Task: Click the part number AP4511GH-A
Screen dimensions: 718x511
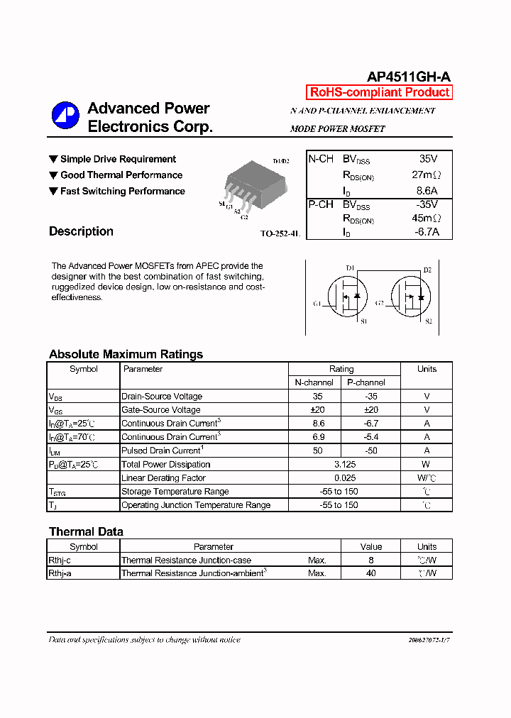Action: [x=408, y=77]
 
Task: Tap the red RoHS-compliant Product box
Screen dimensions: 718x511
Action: [x=379, y=92]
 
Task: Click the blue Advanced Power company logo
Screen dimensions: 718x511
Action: [x=65, y=116]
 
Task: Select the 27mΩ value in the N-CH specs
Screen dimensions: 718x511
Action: [x=426, y=175]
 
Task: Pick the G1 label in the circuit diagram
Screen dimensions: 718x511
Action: [x=317, y=304]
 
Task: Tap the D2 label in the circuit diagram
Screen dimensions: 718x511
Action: [x=427, y=270]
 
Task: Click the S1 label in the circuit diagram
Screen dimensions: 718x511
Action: [x=363, y=321]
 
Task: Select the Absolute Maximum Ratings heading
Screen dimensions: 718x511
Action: [x=126, y=354]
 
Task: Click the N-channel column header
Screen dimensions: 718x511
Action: [x=314, y=382]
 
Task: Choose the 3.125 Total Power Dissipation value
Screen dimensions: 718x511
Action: [x=344, y=465]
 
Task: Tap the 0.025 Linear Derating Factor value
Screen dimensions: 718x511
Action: [x=344, y=478]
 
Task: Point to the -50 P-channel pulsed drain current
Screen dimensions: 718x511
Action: [x=370, y=451]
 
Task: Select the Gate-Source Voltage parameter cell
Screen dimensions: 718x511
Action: [x=161, y=410]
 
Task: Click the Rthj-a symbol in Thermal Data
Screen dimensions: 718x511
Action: [x=60, y=573]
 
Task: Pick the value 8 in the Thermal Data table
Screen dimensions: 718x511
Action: [x=370, y=560]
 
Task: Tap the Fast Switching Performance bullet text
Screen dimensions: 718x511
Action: [x=122, y=192]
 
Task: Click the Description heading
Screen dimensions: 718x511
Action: [x=81, y=231]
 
